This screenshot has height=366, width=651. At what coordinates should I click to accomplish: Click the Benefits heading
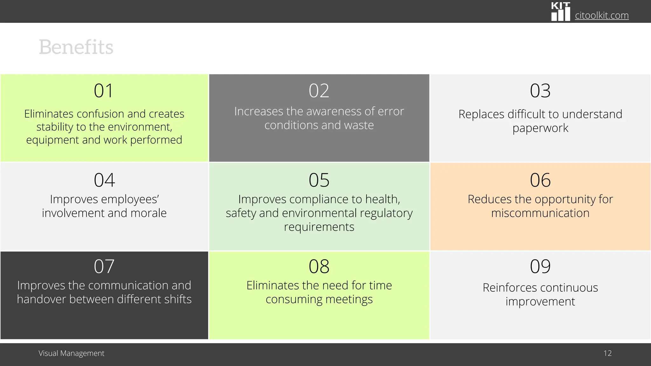[76, 47]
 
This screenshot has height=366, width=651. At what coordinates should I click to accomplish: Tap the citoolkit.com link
[601, 15]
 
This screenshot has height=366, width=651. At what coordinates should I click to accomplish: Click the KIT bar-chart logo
[560, 12]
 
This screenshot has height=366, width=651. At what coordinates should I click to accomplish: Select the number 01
[104, 91]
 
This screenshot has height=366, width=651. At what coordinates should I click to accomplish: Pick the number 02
[319, 91]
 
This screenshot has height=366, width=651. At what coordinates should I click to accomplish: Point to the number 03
[540, 91]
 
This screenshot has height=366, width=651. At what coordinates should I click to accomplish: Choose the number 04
[104, 180]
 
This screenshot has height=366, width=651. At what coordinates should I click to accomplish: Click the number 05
[319, 180]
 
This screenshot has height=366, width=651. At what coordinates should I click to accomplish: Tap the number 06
[540, 180]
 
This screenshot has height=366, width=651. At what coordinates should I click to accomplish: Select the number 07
[104, 266]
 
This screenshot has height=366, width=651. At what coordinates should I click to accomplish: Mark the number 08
[319, 266]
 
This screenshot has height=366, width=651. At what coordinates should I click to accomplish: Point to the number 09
[540, 266]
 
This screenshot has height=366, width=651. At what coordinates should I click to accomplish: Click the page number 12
[607, 353]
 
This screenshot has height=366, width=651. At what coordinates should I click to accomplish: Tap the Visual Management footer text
[72, 353]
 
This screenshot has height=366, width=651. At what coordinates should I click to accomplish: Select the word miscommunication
[540, 213]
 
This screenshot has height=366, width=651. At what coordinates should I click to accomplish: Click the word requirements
[319, 227]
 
